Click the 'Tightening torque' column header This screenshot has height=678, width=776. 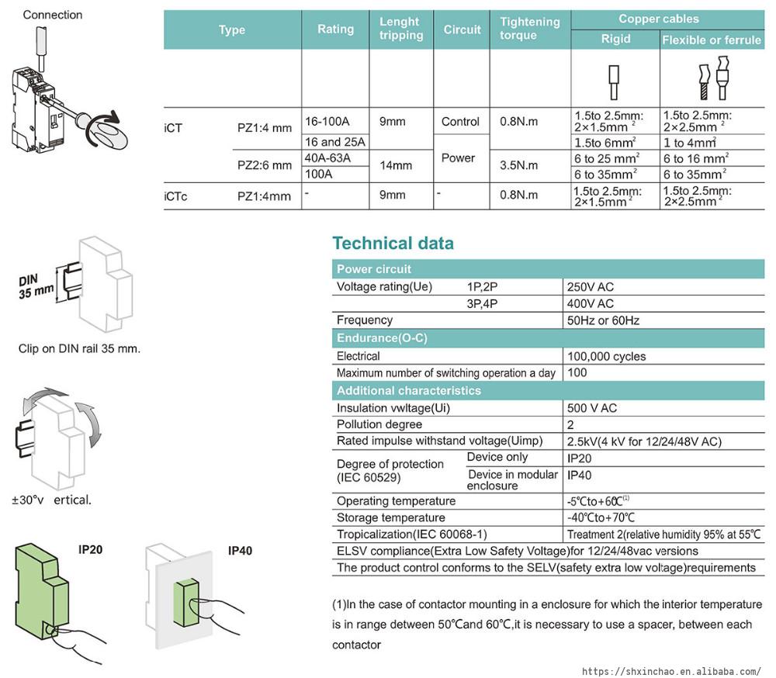[530, 29]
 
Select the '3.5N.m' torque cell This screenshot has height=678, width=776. [519, 165]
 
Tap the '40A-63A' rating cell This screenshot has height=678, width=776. [328, 158]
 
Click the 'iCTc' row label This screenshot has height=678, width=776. [176, 196]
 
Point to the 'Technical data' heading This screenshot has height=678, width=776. [393, 243]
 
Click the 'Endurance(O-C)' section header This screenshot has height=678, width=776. [382, 338]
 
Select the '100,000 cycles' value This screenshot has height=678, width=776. [606, 356]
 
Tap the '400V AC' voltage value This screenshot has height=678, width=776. [590, 303]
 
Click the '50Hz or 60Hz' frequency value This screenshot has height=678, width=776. [603, 320]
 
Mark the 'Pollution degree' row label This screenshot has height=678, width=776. [379, 424]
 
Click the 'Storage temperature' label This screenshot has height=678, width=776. [390, 517]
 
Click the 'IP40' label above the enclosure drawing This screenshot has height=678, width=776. [240, 551]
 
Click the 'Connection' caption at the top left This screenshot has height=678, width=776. [52, 15]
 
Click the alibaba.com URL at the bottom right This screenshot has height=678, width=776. [671, 671]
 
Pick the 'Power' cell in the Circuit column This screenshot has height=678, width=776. [458, 157]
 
